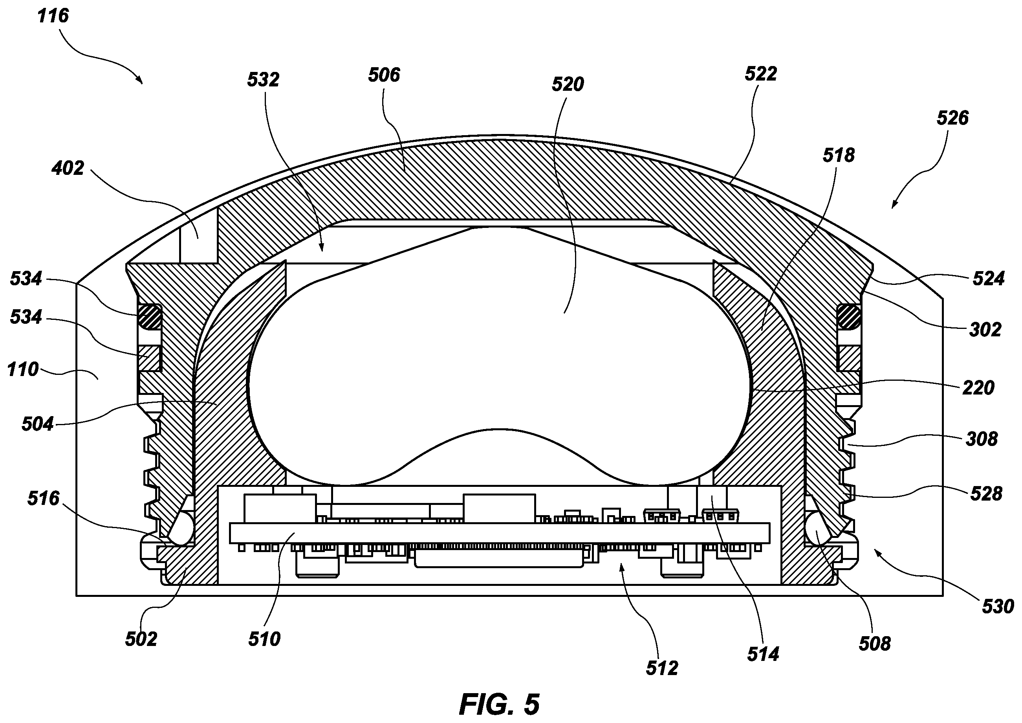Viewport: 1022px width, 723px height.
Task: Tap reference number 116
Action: pos(53,16)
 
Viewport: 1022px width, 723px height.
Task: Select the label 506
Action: pos(384,75)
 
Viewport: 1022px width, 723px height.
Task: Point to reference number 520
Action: pos(568,84)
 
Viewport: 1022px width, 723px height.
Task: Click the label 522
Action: pos(761,74)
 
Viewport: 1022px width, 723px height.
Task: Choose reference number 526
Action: pos(953,118)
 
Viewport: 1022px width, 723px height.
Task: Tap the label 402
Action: pos(68,169)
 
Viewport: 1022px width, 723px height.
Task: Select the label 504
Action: pos(38,424)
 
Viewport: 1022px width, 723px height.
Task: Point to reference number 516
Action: pos(43,499)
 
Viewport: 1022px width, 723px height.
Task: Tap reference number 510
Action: pos(264,640)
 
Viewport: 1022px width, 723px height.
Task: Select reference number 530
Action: pos(998,607)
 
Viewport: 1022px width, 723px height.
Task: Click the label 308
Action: pos(982,440)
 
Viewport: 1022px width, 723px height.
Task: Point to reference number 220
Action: pos(978,388)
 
